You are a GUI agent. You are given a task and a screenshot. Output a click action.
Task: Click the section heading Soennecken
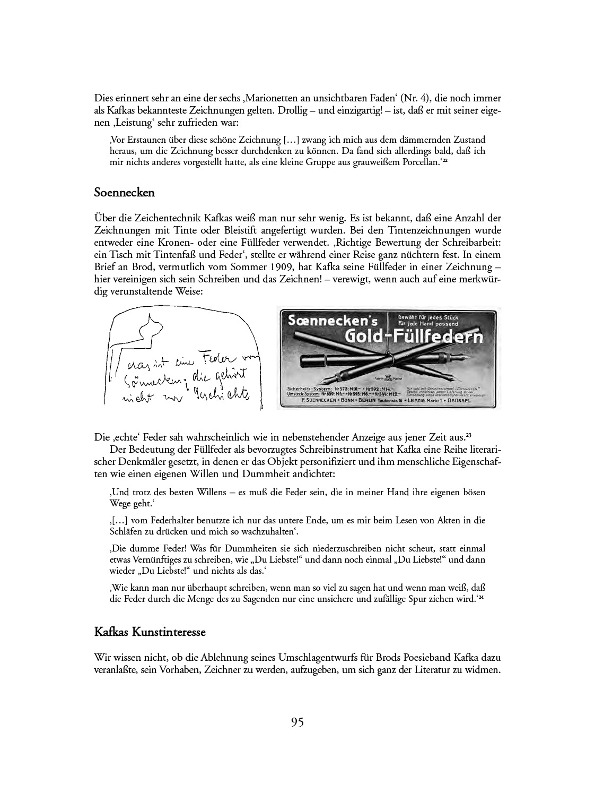pyautogui.click(x=124, y=193)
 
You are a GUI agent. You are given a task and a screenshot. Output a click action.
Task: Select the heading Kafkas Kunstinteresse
pyautogui.click(x=150, y=632)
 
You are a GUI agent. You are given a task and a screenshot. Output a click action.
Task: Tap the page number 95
pyautogui.click(x=297, y=722)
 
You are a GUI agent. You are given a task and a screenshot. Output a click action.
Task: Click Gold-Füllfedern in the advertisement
pyautogui.click(x=414, y=337)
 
